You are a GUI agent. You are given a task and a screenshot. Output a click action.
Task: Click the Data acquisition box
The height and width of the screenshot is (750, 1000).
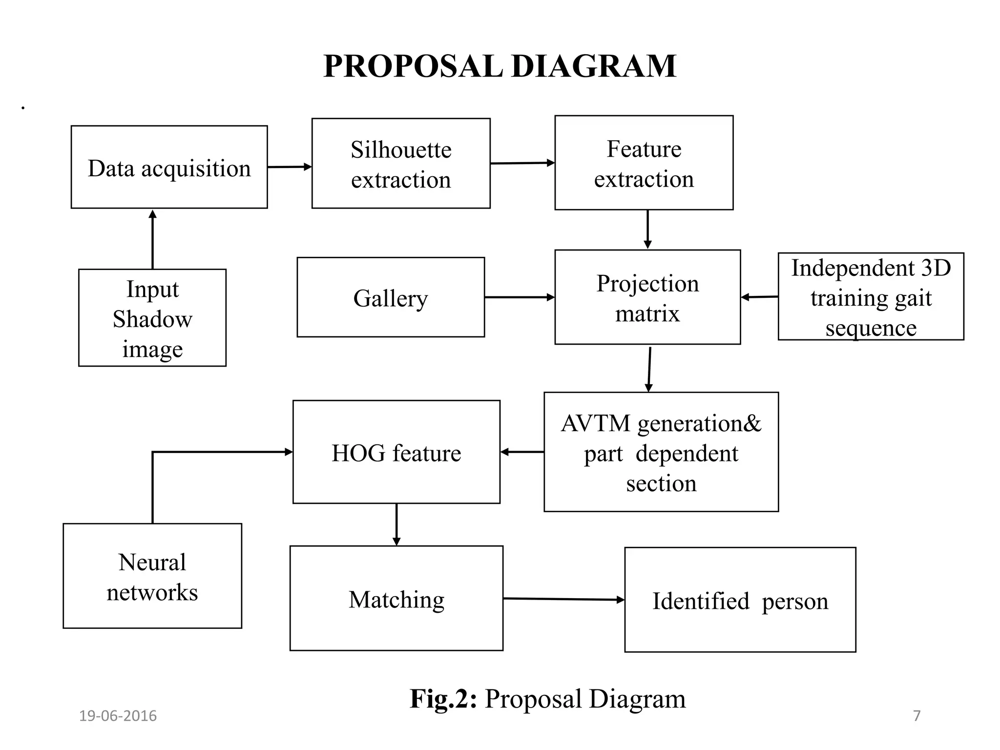tap(169, 167)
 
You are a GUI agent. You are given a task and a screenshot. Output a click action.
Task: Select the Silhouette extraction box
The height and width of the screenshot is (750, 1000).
tap(401, 164)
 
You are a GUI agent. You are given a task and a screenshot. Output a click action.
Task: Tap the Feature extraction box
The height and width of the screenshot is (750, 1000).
tap(644, 163)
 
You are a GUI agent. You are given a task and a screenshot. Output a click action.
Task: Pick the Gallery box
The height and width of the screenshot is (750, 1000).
tap(391, 297)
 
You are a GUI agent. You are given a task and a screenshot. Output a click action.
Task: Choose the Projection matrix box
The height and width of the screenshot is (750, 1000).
tap(647, 297)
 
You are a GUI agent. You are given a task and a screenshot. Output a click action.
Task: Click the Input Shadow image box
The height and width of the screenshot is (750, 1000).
tap(152, 318)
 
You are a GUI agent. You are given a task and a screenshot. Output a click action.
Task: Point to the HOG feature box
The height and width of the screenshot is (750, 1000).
tap(396, 452)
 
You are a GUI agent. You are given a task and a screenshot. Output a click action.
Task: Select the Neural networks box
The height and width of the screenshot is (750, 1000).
tap(152, 576)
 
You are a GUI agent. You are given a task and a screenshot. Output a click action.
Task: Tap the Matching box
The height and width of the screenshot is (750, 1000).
tap(396, 599)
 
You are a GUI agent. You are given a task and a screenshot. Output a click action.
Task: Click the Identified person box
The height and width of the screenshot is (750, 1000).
tap(740, 600)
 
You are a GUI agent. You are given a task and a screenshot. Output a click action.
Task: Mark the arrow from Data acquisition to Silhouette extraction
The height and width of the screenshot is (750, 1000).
tap(290, 167)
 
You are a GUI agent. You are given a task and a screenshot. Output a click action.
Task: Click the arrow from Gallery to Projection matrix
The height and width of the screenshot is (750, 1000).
tap(520, 297)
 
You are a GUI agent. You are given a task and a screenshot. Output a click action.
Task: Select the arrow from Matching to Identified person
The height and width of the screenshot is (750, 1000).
tap(563, 599)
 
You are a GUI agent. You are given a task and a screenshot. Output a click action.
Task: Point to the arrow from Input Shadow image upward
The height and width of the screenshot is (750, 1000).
tap(152, 239)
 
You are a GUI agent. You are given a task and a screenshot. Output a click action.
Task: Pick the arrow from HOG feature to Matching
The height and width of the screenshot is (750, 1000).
tap(396, 524)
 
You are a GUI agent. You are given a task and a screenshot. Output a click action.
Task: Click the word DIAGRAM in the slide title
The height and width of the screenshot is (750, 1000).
tap(593, 66)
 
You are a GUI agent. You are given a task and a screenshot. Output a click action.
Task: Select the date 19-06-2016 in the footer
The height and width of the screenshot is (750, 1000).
tap(118, 716)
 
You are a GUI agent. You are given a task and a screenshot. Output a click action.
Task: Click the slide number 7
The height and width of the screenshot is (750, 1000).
tap(917, 716)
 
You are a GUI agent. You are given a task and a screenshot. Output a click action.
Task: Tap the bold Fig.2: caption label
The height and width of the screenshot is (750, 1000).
tap(443, 699)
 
